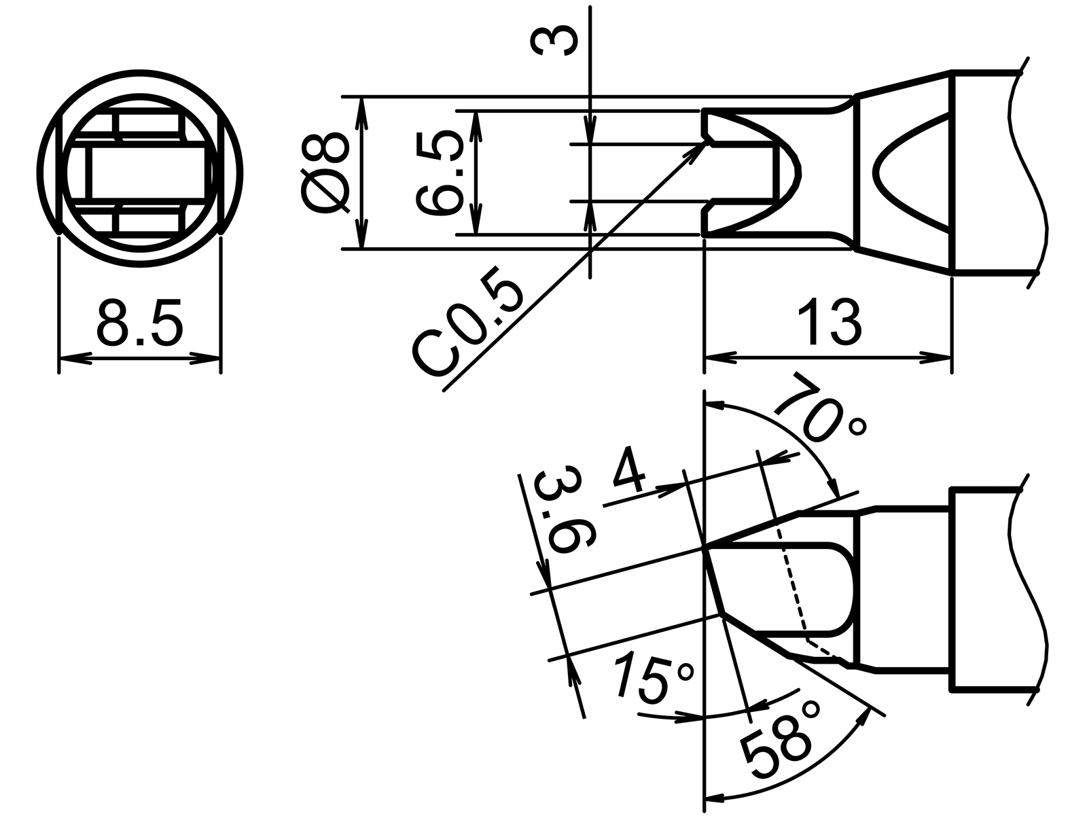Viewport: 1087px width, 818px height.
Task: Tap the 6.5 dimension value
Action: click(x=440, y=173)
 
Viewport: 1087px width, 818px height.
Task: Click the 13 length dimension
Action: click(x=828, y=321)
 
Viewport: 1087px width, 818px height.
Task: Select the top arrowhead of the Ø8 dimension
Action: click(x=362, y=109)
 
